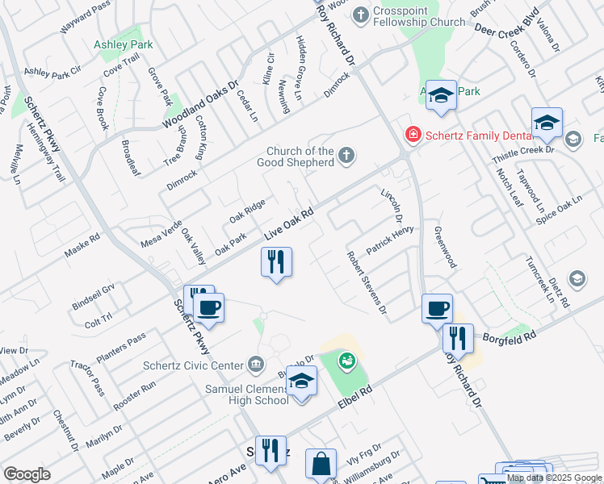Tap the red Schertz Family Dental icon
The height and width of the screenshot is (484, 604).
[x=413, y=134]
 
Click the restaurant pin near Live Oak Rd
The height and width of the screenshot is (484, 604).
[x=276, y=262]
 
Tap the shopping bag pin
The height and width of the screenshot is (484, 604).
[x=321, y=465]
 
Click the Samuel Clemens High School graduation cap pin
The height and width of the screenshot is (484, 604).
[x=301, y=382]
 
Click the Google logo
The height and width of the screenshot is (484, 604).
[x=26, y=474]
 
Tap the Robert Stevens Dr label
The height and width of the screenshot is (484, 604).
[x=367, y=282]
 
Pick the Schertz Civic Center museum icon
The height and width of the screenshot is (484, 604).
[x=256, y=365]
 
